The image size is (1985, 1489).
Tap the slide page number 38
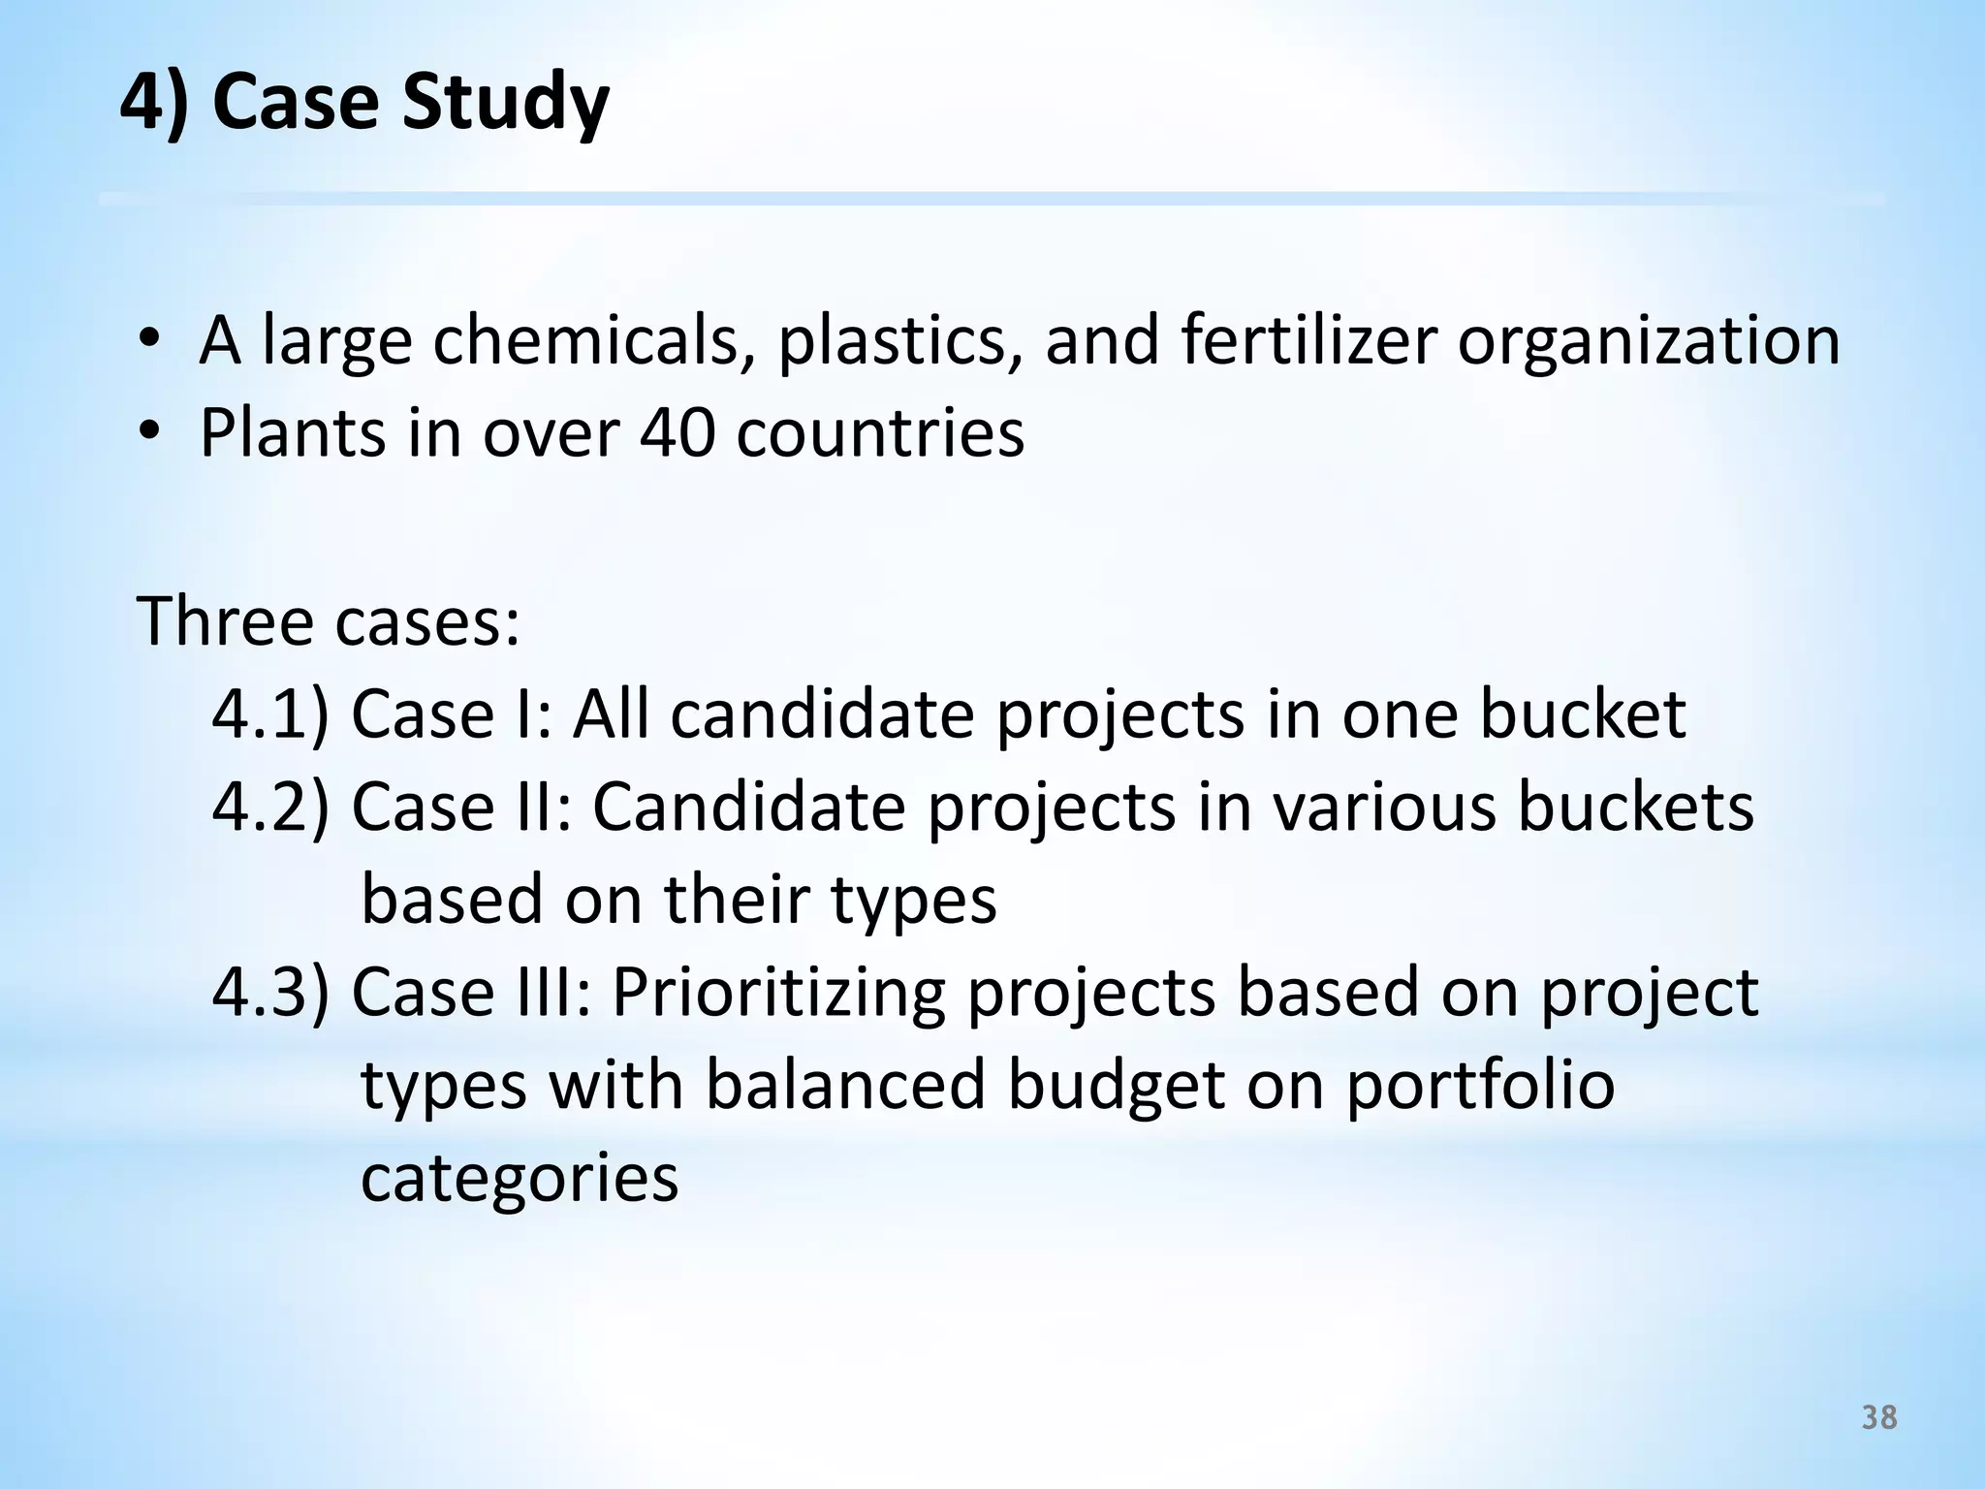coord(1879,1418)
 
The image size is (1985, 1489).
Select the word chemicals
coord(584,341)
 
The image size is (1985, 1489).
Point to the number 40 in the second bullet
coord(677,432)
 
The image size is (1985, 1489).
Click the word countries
coord(879,432)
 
